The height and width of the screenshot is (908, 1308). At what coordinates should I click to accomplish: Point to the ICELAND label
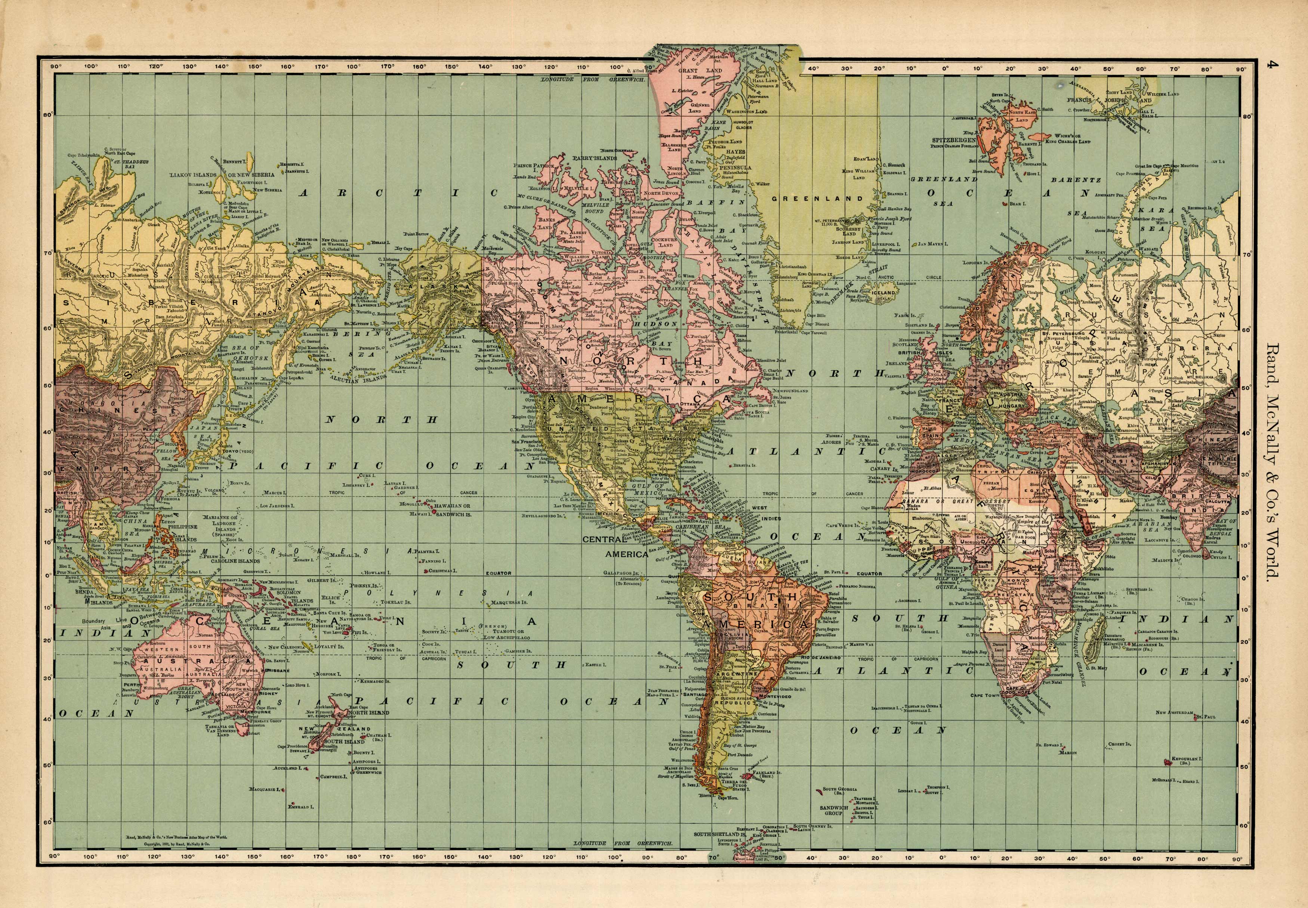(883, 292)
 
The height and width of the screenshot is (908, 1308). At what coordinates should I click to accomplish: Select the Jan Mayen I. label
(933, 244)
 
